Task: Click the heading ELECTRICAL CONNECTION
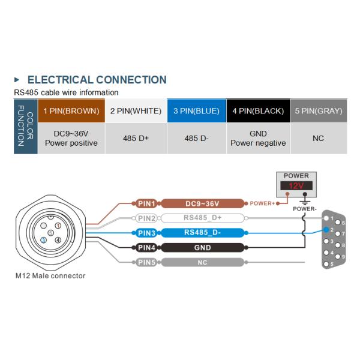tap(97, 80)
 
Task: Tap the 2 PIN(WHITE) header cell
tap(136, 111)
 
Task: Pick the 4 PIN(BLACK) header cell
tap(258, 111)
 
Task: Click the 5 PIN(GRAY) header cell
tap(318, 111)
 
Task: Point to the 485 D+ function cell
tap(136, 138)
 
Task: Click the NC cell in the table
tap(318, 138)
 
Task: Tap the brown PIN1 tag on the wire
tap(146, 203)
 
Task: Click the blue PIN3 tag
tap(146, 233)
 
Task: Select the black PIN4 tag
tap(146, 247)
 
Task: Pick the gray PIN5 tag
tap(146, 262)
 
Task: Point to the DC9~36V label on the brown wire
tap(202, 203)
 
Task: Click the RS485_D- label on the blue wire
tap(202, 233)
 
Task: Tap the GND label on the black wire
tap(202, 247)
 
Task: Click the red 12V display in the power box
tap(296, 187)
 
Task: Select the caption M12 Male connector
tap(50, 276)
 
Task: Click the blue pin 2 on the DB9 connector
tap(326, 230)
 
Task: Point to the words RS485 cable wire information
tap(66, 92)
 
